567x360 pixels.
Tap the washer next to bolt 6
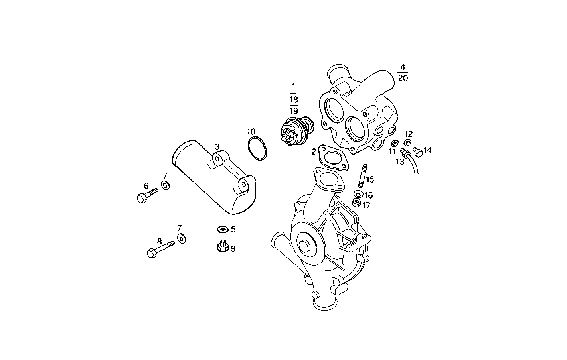[165, 185]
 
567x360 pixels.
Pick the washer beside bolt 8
[182, 238]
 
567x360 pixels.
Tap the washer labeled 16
[358, 194]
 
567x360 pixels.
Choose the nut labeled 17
[357, 203]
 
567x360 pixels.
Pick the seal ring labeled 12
[407, 142]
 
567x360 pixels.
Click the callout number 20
[403, 78]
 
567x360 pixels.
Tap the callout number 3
[217, 147]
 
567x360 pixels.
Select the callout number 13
[400, 161]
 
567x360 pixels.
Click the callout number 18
[294, 100]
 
